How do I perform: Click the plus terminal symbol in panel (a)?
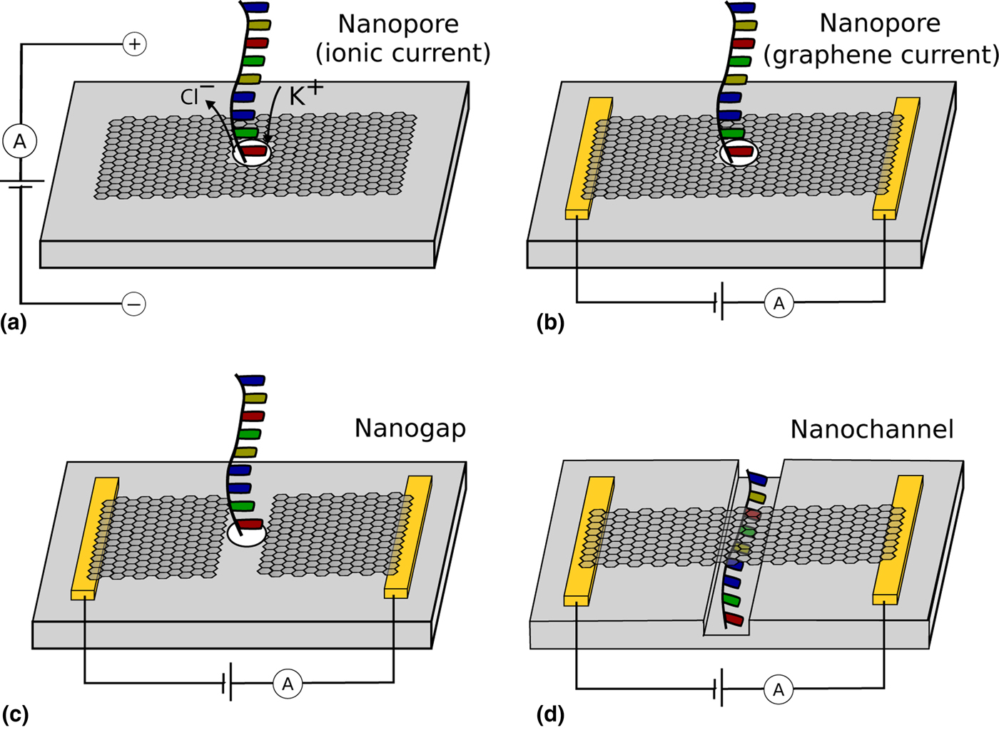[x=134, y=44]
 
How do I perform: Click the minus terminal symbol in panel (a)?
[x=134, y=304]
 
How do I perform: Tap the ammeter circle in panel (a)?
[x=20, y=141]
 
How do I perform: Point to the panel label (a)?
[x=14, y=323]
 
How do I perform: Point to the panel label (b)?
[x=550, y=323]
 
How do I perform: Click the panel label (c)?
[x=15, y=714]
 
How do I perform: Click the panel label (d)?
[x=550, y=714]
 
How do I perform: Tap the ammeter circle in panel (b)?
[x=779, y=304]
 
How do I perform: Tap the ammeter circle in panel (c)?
[x=288, y=684]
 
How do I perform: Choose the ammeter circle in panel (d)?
[x=779, y=689]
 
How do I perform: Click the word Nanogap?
[x=410, y=428]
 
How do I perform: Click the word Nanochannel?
[x=872, y=429]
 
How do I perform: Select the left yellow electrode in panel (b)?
[x=589, y=158]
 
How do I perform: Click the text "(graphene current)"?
[x=881, y=55]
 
